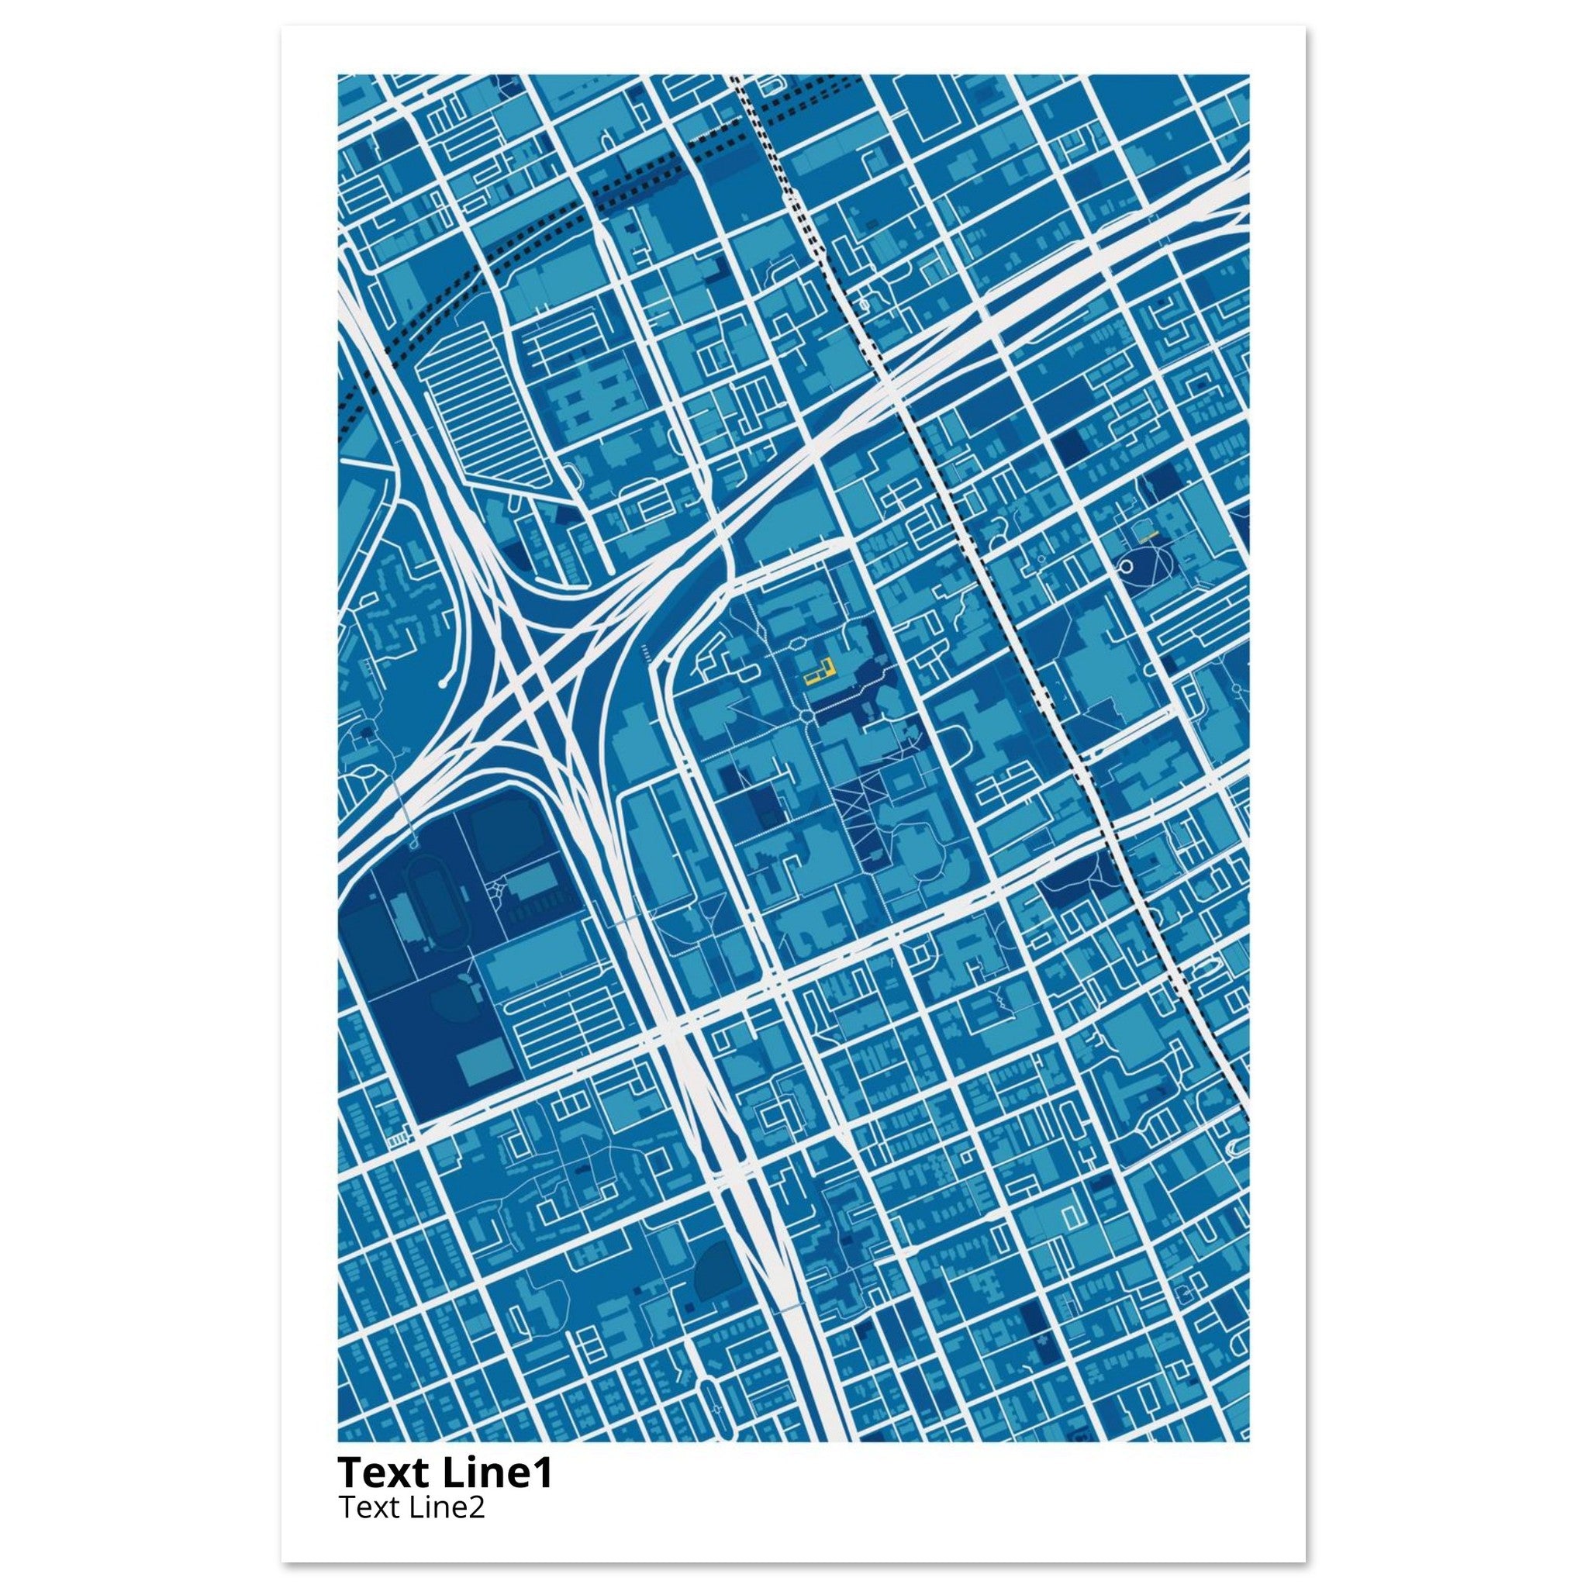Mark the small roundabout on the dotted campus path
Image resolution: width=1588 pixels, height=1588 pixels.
[809, 718]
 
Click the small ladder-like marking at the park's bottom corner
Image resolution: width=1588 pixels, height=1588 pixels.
[397, 1138]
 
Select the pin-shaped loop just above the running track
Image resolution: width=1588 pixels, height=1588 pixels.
[412, 844]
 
